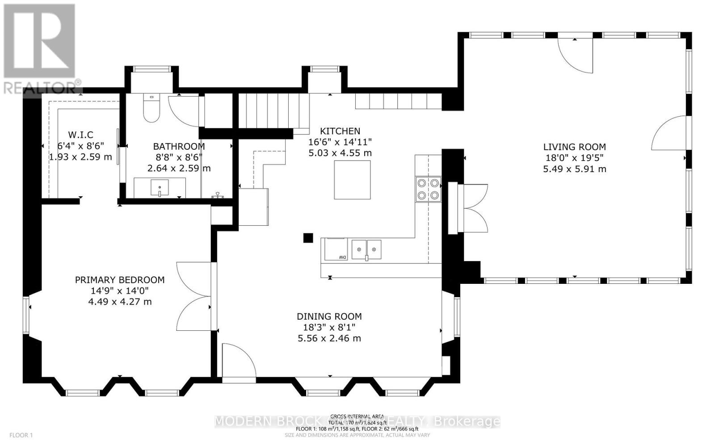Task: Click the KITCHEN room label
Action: pos(340,131)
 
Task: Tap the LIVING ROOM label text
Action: pos(574,147)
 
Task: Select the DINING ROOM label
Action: pos(329,316)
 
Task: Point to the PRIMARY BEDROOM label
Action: pos(119,280)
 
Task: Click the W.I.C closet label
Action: pos(80,135)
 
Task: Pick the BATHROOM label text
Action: pos(179,146)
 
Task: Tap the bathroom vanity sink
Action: pos(160,186)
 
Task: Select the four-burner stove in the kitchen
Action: pos(428,189)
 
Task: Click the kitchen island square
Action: pos(352,180)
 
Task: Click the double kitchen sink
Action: pos(366,249)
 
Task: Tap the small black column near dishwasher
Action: pos(307,238)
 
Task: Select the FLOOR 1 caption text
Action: pos(21,435)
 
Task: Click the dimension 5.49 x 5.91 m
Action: pos(574,169)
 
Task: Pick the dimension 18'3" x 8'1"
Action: pos(329,327)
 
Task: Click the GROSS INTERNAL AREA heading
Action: pos(358,416)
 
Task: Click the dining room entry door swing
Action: pos(238,361)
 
